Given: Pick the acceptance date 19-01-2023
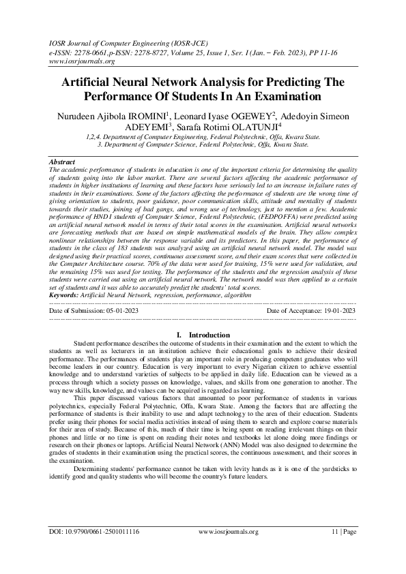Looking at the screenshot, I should pos(336,311).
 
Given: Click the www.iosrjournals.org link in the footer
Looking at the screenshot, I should pos(227,549).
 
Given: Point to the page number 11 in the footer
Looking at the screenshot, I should pos(334,549).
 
